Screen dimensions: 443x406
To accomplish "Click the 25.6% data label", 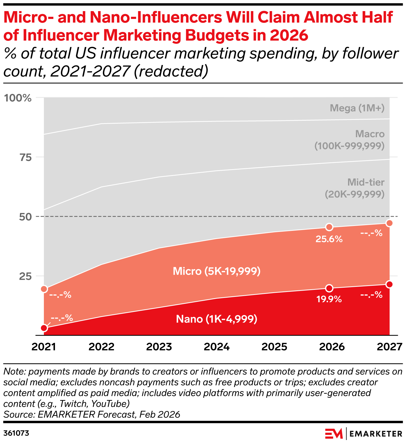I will coord(329,239).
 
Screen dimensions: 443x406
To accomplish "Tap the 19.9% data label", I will coord(329,299).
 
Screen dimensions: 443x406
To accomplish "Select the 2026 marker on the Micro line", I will coord(329,227).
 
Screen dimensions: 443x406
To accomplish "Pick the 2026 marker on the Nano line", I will coord(329,288).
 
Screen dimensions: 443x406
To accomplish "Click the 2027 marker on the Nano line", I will coord(389,284).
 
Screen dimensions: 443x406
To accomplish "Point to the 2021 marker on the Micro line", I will coord(44,289).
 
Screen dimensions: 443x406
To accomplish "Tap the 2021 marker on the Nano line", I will coord(44,328).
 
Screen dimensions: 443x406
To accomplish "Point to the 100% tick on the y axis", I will coord(18,98).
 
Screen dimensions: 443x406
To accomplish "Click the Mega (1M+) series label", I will coord(357,108).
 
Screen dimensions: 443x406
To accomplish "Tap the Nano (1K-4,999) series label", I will coord(217,319).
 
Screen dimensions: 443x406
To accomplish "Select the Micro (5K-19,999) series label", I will coord(217,271).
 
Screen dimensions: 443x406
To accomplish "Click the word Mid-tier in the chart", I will coord(366,182).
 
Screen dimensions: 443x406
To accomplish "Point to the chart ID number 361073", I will coord(16,433).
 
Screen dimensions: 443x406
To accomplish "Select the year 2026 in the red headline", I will coord(289,35).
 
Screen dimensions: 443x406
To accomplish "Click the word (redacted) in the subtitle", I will coord(171,71).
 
